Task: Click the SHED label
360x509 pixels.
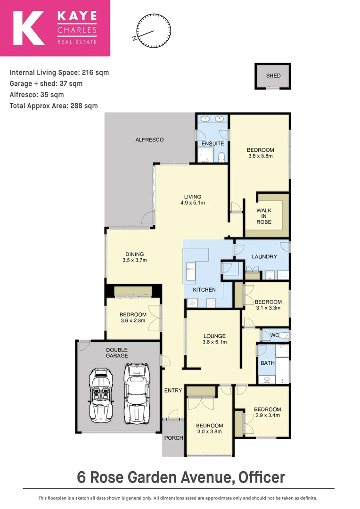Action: [273, 75]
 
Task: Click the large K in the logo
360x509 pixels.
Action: [29, 28]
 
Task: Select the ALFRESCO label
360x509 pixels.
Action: [149, 140]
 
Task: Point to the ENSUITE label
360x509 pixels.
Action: [213, 143]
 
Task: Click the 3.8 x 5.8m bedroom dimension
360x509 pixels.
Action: [260, 156]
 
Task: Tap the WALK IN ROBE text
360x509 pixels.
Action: [264, 216]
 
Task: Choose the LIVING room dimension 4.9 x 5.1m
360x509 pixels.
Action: [193, 203]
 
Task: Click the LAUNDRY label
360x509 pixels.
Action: [264, 257]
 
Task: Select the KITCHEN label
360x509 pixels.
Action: [205, 290]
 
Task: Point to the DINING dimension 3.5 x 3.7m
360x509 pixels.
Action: [135, 260]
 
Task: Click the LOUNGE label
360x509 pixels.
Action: [214, 336]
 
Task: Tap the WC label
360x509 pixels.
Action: [275, 336]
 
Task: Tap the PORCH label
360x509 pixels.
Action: [173, 438]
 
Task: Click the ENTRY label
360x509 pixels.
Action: [173, 390]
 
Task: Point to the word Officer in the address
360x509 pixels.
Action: [262, 477]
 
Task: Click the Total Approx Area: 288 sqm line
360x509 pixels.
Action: [54, 106]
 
